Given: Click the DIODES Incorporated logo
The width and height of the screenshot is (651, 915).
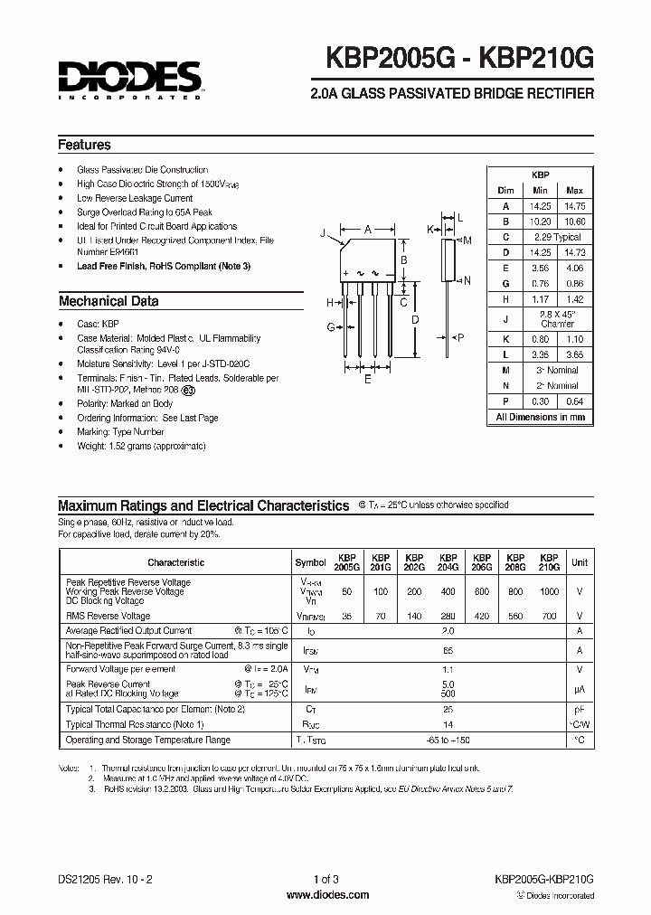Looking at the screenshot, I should (x=130, y=76).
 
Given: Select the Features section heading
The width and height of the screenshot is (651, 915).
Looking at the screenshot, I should (x=84, y=145).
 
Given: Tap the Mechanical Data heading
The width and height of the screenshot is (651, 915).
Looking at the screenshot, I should (x=108, y=301).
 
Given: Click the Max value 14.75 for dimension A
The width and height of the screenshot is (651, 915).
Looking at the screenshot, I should (x=573, y=205).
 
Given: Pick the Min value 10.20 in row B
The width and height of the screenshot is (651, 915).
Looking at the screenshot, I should (x=541, y=221).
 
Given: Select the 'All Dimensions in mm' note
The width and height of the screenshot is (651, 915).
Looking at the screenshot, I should (x=540, y=417).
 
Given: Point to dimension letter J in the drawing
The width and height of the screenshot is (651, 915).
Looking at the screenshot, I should (x=322, y=234).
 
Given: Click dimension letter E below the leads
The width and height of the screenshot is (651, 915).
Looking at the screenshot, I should (x=366, y=380).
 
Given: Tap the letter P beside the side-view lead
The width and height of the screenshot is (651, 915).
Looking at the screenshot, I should (x=460, y=337).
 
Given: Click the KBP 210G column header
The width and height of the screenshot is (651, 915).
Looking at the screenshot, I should (x=548, y=562).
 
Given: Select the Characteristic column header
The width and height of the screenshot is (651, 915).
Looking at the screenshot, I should (x=176, y=562).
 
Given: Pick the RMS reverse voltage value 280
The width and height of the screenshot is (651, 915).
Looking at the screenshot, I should (x=447, y=616).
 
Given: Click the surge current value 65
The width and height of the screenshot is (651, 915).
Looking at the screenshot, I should (x=447, y=649).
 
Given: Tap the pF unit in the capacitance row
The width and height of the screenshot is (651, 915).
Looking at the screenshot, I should (x=580, y=711).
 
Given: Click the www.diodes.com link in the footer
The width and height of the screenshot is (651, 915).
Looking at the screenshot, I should (x=325, y=894).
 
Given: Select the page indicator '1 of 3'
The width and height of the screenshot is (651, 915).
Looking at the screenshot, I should (x=325, y=879).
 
